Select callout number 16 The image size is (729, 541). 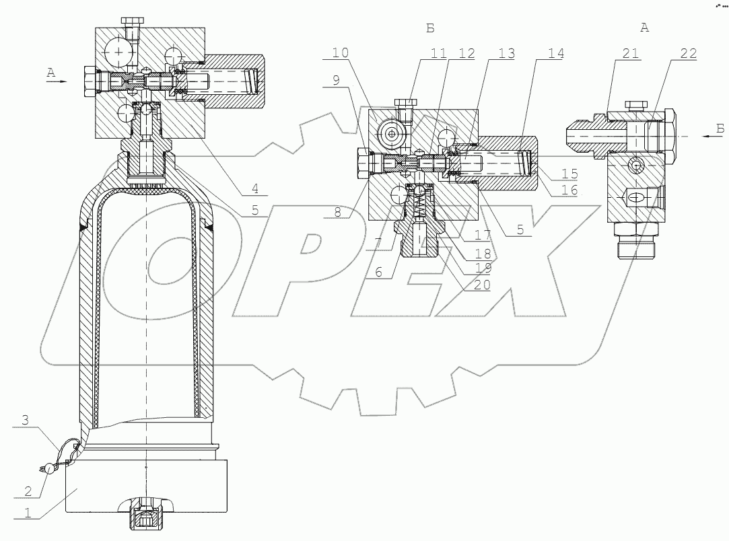pyautogui.click(x=570, y=190)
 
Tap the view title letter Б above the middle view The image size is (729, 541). pyautogui.click(x=431, y=28)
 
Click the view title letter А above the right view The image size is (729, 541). pyautogui.click(x=644, y=28)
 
